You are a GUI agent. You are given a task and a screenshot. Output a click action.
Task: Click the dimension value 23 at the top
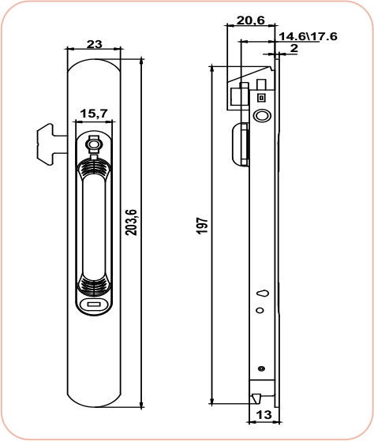95,44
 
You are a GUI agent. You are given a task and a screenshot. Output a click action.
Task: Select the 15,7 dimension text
94,114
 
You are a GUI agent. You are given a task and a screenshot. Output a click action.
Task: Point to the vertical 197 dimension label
202,229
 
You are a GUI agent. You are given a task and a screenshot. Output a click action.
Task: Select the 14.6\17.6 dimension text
309,36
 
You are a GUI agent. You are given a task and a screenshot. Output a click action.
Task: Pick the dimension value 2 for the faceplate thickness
294,49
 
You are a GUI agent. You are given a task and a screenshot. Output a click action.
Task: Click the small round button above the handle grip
94,145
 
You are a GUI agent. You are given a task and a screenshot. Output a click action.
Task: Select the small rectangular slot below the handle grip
94,303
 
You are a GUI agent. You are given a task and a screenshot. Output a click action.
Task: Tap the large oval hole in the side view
261,117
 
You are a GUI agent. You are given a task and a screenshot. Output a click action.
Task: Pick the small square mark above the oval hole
261,97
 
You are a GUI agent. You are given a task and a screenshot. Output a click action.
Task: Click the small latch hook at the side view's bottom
257,391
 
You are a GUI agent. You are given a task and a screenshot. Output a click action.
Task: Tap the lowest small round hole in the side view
261,368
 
